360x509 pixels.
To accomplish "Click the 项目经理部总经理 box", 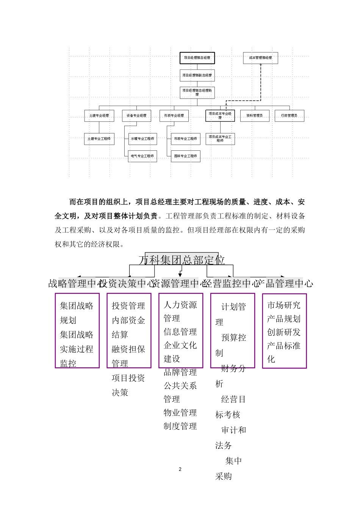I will [x=197, y=58].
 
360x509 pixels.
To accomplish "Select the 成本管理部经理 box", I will [x=260, y=58].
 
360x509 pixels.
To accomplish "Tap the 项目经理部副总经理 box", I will [x=197, y=75].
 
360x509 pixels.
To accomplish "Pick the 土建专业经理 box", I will [x=99, y=116].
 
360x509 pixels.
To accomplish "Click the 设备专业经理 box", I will [x=136, y=116].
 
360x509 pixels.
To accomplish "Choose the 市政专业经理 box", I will [x=174, y=116].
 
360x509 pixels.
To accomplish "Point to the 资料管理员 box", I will [x=254, y=116].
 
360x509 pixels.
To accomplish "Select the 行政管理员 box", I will [x=289, y=116].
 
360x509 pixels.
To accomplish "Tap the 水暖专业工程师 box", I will [x=142, y=139].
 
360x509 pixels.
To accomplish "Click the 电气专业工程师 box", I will [x=142, y=156].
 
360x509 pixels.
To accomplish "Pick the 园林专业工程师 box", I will [x=185, y=156].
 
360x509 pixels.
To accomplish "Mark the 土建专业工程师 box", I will [x=99, y=139].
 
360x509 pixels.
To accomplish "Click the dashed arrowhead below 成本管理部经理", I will [x=261, y=65].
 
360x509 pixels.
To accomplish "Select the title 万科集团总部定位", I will [x=182, y=260].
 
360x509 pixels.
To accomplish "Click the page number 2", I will [x=180, y=469].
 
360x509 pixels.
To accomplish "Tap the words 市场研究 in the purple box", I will [x=284, y=305].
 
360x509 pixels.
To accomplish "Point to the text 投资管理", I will [x=128, y=306].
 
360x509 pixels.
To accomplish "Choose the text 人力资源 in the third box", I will [x=180, y=305].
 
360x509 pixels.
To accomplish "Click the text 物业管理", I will [x=180, y=413].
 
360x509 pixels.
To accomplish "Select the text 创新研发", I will [x=284, y=332].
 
